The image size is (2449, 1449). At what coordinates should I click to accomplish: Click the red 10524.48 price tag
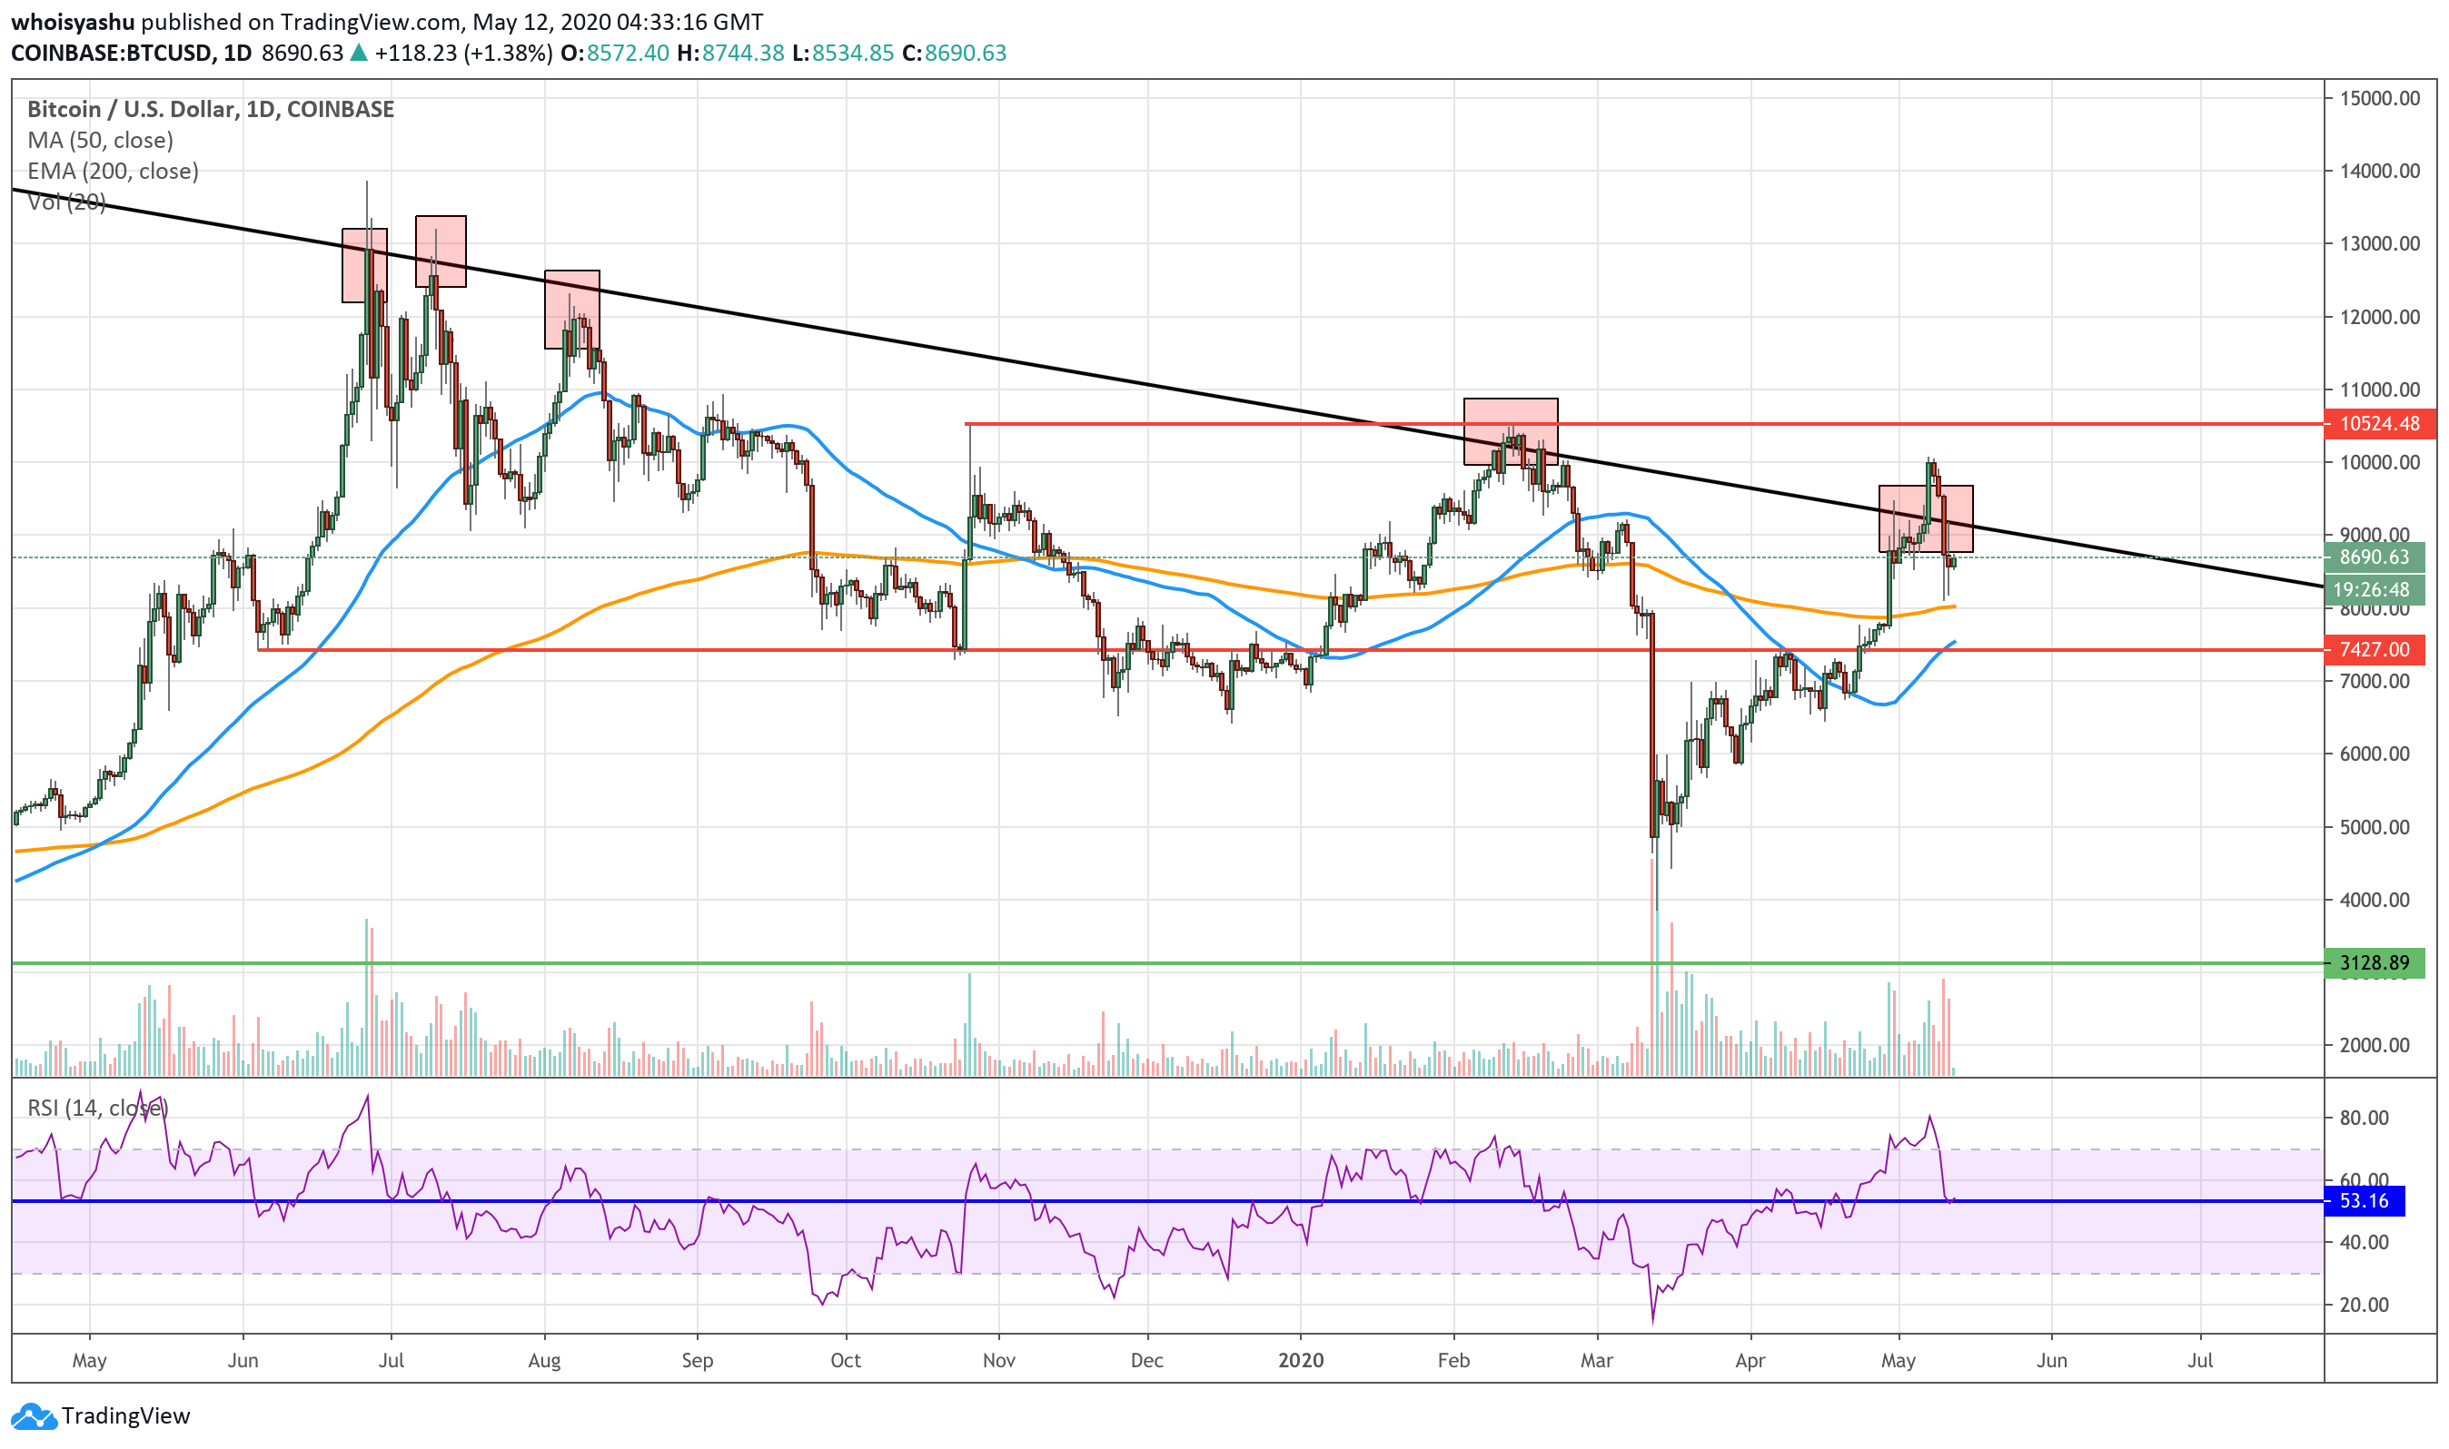click(x=2381, y=424)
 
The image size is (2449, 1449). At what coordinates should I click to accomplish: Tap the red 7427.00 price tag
click(x=2375, y=650)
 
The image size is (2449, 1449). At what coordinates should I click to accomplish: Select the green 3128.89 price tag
click(x=2375, y=963)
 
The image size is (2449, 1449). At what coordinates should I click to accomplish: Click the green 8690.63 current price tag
click(x=2375, y=557)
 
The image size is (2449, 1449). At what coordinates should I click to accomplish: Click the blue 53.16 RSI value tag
click(x=2364, y=1201)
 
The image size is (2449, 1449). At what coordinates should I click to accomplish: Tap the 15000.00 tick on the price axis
click(x=2380, y=98)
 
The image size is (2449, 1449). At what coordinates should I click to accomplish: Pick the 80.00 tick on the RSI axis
click(x=2364, y=1118)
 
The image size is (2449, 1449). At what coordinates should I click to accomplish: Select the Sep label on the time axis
click(x=698, y=1360)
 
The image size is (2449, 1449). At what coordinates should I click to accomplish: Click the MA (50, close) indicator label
click(x=101, y=141)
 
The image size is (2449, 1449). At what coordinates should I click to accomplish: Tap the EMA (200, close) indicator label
click(x=114, y=172)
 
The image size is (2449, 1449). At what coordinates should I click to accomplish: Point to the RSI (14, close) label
click(x=98, y=1109)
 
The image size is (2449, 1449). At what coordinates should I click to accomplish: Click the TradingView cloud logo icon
click(x=34, y=1415)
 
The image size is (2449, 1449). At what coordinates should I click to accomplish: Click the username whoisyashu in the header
click(x=73, y=22)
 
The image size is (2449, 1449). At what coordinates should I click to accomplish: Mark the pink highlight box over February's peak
click(x=1511, y=431)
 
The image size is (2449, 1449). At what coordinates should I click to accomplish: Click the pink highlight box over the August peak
click(x=571, y=310)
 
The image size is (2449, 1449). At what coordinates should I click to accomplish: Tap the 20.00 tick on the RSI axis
click(x=2364, y=1306)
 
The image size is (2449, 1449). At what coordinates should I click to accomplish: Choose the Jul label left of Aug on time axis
click(x=391, y=1360)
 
